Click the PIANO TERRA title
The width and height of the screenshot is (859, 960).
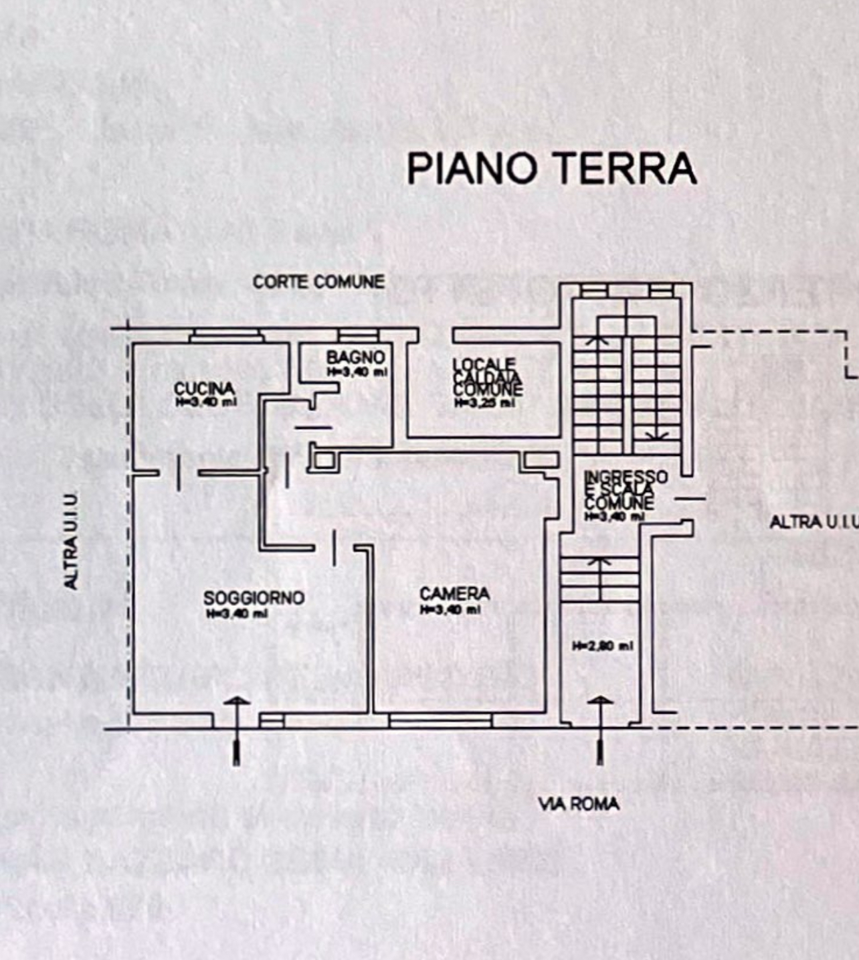(x=552, y=168)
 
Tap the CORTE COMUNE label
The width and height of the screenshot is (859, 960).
(x=318, y=282)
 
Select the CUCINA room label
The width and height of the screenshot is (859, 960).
(x=205, y=388)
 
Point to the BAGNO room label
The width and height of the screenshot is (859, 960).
(x=355, y=357)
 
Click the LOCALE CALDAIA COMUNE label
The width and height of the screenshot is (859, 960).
(x=486, y=378)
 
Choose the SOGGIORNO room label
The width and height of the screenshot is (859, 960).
(x=254, y=597)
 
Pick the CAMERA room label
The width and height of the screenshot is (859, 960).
(x=454, y=593)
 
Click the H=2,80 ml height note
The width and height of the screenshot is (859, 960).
(x=602, y=646)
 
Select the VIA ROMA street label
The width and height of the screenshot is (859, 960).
(x=579, y=803)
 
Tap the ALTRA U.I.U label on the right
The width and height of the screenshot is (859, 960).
(x=814, y=522)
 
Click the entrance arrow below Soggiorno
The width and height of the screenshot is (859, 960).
(x=236, y=730)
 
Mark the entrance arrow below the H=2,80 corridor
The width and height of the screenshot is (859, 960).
(x=600, y=730)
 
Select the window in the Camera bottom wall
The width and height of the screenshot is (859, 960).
(x=440, y=720)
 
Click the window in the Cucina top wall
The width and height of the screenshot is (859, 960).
(x=227, y=335)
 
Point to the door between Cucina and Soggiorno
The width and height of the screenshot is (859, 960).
(x=179, y=473)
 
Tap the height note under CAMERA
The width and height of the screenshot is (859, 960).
(x=450, y=610)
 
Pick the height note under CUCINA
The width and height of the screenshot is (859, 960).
(x=206, y=402)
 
